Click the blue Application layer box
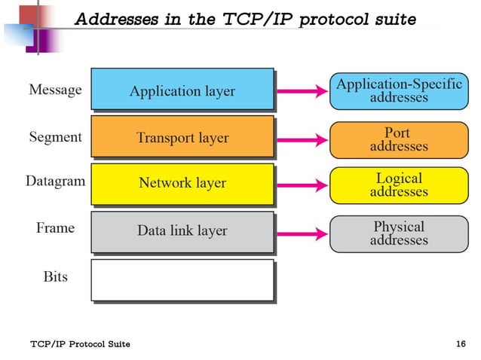pyautogui.click(x=182, y=90)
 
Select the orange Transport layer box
pyautogui.click(x=182, y=137)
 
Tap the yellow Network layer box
pyautogui.click(x=182, y=183)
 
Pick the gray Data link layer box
pyautogui.click(x=182, y=230)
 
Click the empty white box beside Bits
pyautogui.click(x=182, y=279)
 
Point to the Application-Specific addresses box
pyautogui.click(x=398, y=90)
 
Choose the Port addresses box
pyautogui.click(x=398, y=139)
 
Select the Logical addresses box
pyautogui.click(x=398, y=185)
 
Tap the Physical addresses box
pyautogui.click(x=398, y=233)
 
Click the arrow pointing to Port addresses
pyautogui.click(x=302, y=139)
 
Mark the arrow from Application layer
pyautogui.click(x=302, y=91)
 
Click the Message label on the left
pyautogui.click(x=55, y=90)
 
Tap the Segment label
pyautogui.click(x=55, y=137)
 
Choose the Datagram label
pyautogui.click(x=55, y=182)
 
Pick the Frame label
pyautogui.click(x=55, y=228)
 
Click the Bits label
pyautogui.click(x=55, y=276)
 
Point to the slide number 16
pyautogui.click(x=461, y=344)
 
